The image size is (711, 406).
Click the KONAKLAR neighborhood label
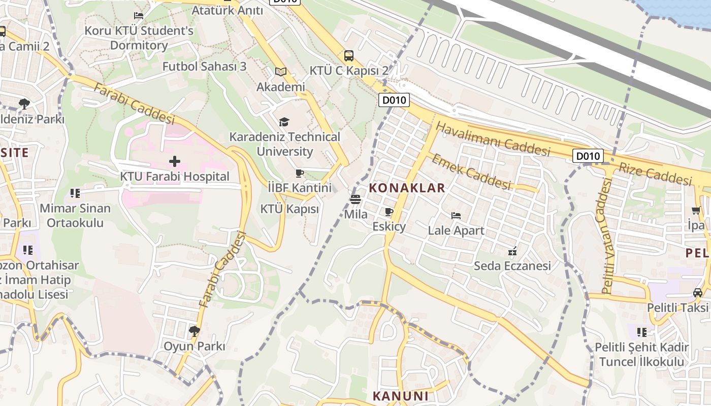coord(407,188)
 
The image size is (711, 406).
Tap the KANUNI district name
coord(401,396)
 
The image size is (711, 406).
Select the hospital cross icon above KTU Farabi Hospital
coord(175,161)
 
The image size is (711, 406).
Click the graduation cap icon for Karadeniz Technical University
coord(284,122)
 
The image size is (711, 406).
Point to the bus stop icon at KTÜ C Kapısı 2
coord(348,56)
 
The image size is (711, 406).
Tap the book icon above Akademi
coord(280,72)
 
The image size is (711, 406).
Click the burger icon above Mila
coord(355,199)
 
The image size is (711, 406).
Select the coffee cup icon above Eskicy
coord(389,212)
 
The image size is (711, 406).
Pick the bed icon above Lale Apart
coord(456,216)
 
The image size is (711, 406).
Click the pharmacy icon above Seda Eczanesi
coord(512,251)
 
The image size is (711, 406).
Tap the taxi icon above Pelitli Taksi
coord(698,293)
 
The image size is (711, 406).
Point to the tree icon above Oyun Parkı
coord(193,331)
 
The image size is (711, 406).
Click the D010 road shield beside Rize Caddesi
coord(588,156)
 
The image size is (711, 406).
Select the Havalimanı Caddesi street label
coord(493,139)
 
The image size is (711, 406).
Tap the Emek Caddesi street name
coord(471,172)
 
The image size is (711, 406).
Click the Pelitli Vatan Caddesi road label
coord(607,236)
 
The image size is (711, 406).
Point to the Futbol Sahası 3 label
coord(204,66)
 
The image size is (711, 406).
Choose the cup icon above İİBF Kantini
coord(300,173)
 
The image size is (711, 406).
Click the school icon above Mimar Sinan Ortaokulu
coord(75,193)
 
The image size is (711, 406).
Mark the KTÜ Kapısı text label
coord(289,209)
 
